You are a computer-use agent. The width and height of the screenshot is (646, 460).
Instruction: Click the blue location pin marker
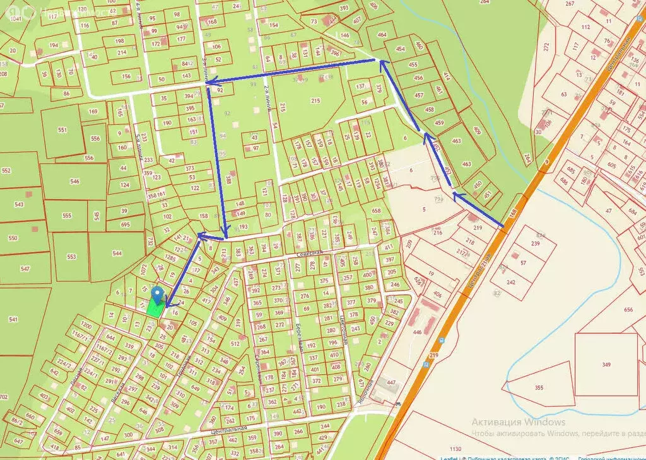coord(158,294)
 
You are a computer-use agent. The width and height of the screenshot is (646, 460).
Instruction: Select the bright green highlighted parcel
coord(153,307)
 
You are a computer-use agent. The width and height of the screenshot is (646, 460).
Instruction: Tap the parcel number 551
coord(62,130)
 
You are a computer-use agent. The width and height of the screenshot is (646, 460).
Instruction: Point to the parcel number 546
coord(74,181)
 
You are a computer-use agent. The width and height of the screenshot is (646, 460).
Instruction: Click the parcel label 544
coord(117,254)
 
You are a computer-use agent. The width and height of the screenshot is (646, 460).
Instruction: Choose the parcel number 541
coord(13,319)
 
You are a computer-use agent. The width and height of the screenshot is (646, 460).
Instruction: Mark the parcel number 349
coord(606,365)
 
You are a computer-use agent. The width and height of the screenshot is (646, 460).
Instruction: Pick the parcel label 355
coord(539,388)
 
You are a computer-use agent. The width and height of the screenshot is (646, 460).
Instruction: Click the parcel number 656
coord(628,309)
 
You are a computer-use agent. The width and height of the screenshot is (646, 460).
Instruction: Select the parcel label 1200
coord(86,326)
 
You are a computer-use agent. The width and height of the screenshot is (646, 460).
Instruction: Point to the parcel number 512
coord(235,344)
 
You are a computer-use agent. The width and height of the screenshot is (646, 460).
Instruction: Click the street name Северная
coord(310,251)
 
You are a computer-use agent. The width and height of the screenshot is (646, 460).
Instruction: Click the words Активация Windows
coord(519,422)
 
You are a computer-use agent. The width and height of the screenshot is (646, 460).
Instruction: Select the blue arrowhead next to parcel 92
coord(211,81)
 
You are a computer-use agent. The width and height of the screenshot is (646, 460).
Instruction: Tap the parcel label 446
coord(417,331)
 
